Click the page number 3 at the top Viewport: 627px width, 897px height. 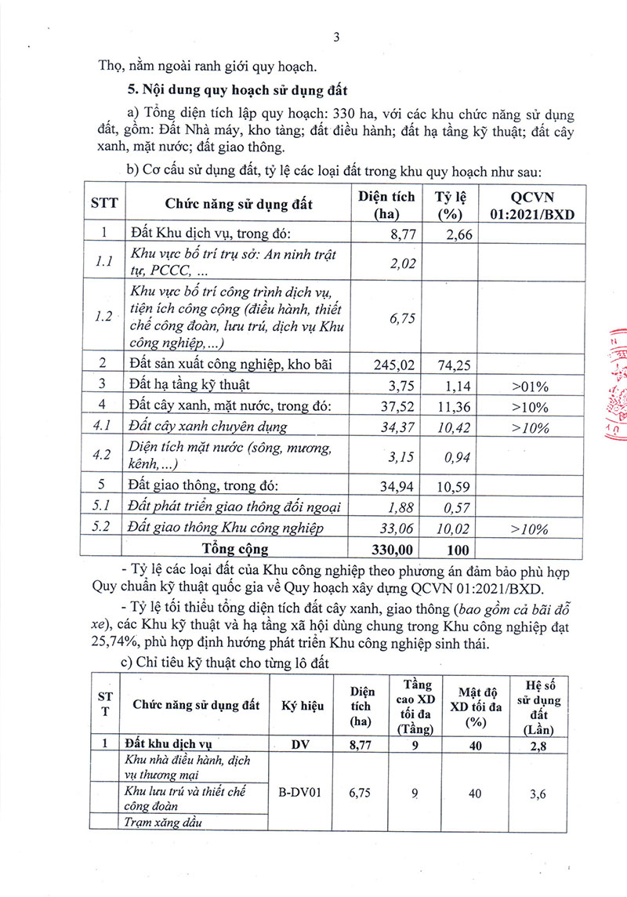tap(336, 38)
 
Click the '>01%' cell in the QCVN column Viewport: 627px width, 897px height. tap(530, 386)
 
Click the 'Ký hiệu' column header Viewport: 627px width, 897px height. tap(302, 706)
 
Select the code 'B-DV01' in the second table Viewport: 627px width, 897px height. tap(302, 793)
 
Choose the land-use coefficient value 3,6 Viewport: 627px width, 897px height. tap(538, 794)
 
